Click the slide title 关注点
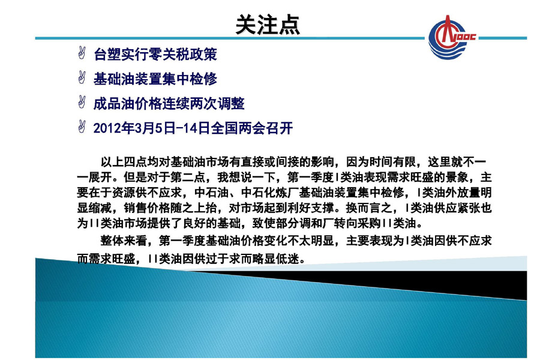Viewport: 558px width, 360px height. point(268,25)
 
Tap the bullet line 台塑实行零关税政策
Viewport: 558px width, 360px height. point(155,55)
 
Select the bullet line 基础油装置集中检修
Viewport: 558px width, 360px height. point(155,79)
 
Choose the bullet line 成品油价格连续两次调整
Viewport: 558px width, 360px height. point(169,104)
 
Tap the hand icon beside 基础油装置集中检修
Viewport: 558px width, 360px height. point(82,77)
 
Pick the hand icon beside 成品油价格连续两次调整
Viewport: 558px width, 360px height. point(82,102)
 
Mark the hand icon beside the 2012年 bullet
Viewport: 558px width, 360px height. point(82,127)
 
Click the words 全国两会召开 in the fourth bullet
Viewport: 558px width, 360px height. point(252,128)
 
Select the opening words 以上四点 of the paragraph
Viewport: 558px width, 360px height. point(124,162)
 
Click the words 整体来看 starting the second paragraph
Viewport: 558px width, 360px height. point(124,241)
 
